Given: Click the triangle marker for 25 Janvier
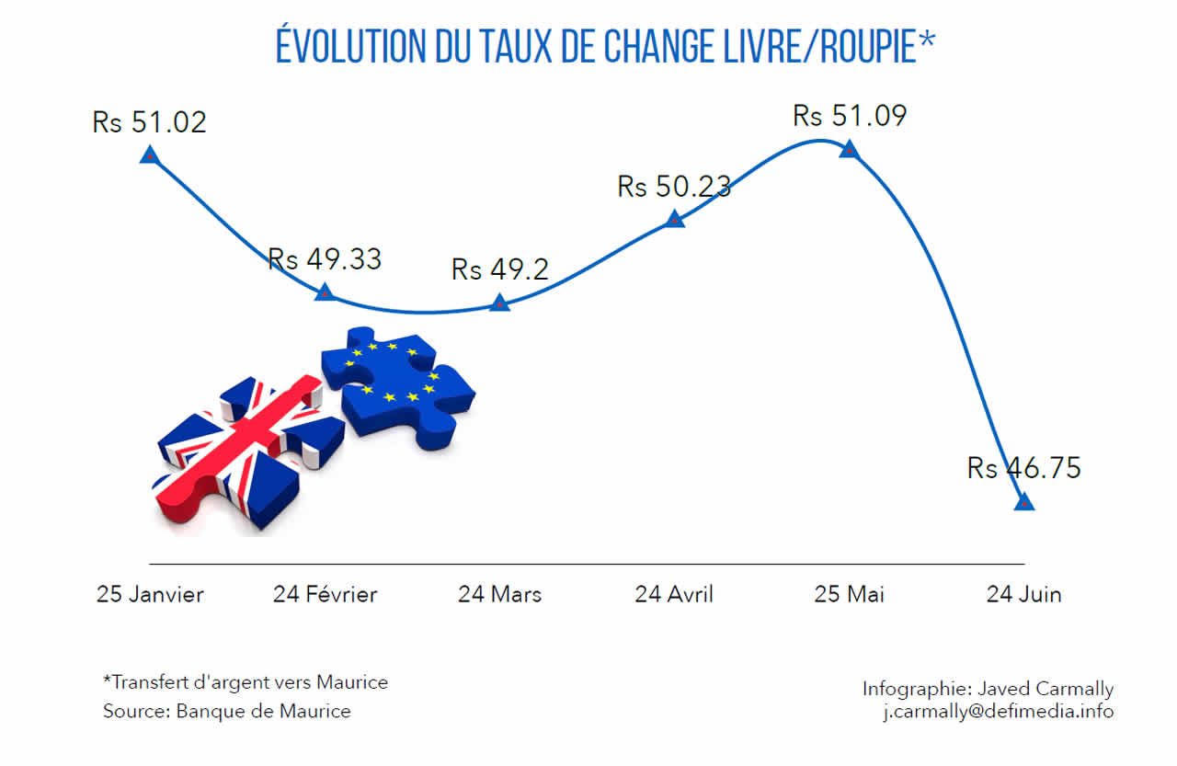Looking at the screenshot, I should [149, 154].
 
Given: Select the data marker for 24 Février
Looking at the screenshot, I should [325, 292].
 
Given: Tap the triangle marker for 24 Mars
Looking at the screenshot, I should [499, 302].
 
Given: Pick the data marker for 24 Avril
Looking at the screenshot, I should [674, 219].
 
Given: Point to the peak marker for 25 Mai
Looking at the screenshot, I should [849, 149].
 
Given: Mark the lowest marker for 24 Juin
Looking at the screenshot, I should [1023, 502].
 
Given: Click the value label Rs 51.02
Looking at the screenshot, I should [150, 122].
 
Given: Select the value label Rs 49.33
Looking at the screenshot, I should [325, 259].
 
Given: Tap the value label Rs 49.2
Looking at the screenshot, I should [499, 269].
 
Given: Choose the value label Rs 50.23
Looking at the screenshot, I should [674, 187].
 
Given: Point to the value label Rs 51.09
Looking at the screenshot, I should [850, 117].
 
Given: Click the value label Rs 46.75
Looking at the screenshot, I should [1024, 468].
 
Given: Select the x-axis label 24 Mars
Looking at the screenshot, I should [499, 595].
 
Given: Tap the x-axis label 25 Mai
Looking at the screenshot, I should [849, 595].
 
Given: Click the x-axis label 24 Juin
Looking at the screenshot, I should [1023, 595].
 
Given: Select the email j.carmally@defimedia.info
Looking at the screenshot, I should [998, 712].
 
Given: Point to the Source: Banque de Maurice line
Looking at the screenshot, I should [226, 711].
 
